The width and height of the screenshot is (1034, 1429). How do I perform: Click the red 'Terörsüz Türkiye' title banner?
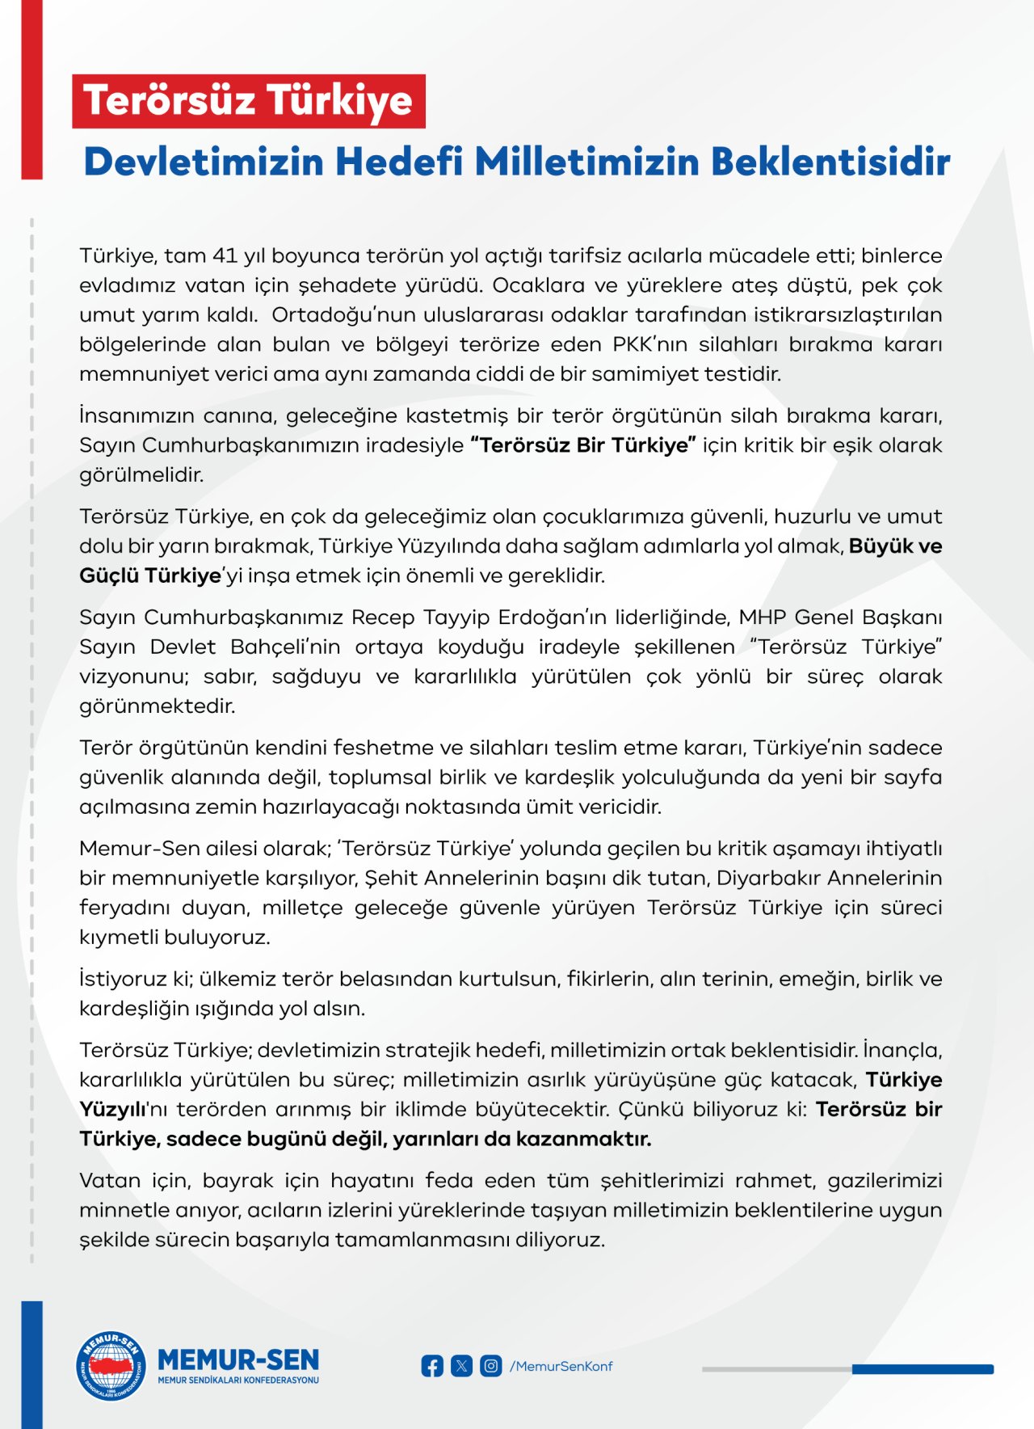point(248,101)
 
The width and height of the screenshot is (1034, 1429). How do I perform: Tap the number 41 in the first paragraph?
point(225,255)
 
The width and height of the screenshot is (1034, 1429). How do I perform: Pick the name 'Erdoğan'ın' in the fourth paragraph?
point(552,618)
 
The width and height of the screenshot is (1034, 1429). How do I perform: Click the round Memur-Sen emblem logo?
point(111,1365)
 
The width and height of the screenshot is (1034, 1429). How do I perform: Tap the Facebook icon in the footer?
point(432,1366)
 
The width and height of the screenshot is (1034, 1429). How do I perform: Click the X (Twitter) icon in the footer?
point(461,1366)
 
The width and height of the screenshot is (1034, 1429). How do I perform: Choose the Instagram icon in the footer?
point(490,1366)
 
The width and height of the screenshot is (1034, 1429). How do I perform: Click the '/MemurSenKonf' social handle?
point(561,1366)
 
